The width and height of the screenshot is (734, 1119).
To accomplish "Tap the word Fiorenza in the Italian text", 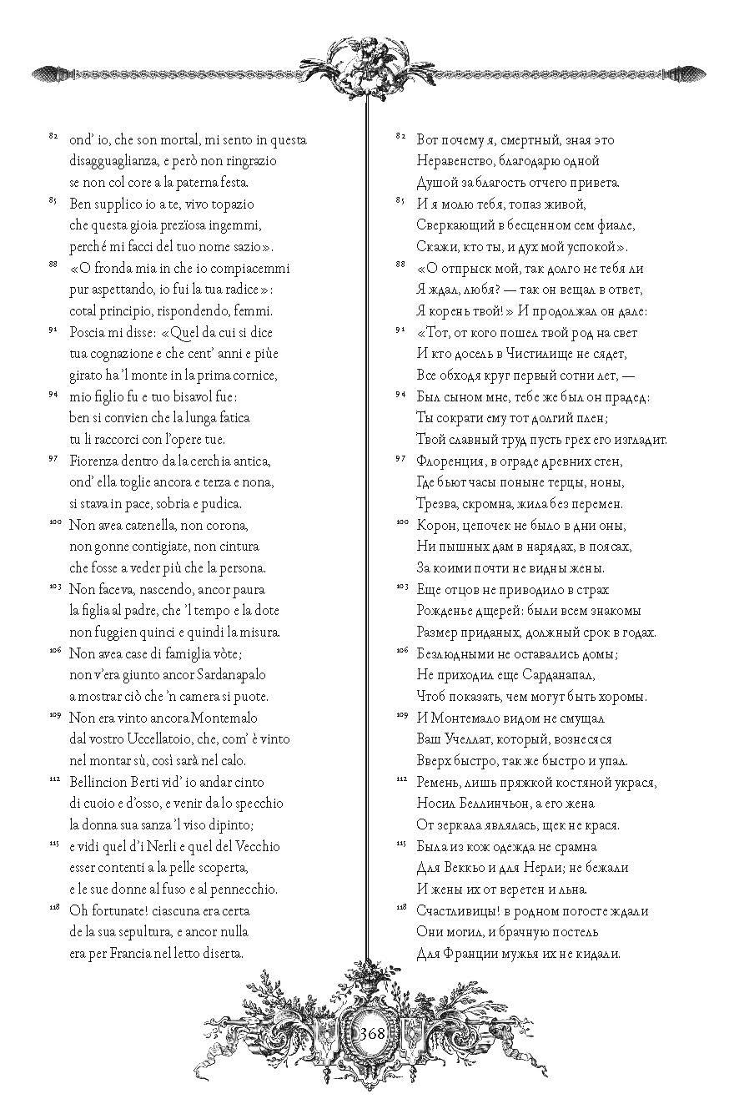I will (94, 461).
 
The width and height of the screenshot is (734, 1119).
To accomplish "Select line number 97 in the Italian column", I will (53, 458).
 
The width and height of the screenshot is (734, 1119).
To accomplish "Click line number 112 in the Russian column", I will (400, 779).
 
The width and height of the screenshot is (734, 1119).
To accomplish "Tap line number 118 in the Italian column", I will (53, 907).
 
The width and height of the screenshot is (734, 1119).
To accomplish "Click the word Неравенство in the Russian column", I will (460, 160).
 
